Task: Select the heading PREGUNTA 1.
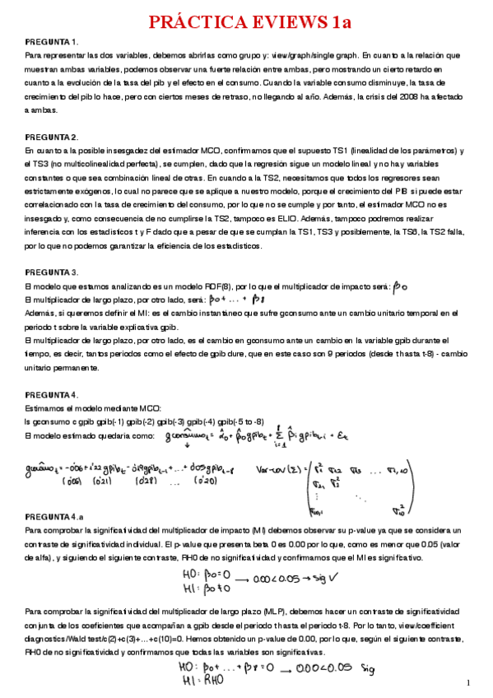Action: [x=51, y=41]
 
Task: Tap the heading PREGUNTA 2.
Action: [x=51, y=137]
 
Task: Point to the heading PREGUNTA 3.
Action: [x=51, y=272]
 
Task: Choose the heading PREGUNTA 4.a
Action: [x=54, y=516]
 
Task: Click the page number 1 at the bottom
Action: [x=467, y=683]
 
